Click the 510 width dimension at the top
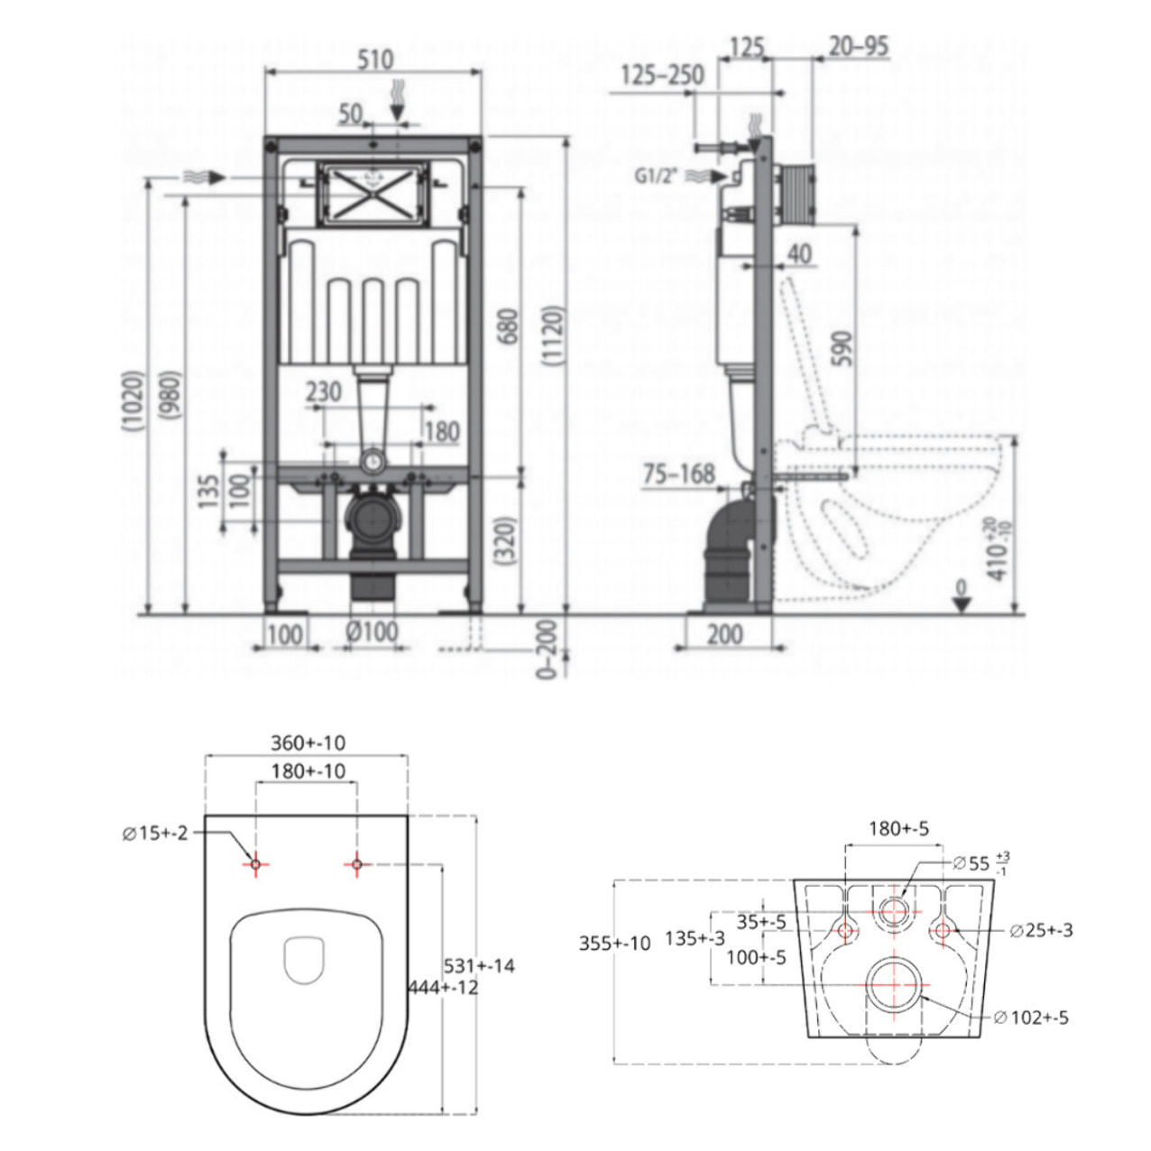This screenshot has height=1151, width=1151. [374, 60]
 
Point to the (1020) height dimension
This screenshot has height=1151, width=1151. [134, 401]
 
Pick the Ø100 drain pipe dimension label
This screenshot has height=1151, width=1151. [372, 631]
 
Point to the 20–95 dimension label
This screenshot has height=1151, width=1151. [858, 46]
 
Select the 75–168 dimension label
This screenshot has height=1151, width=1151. [678, 473]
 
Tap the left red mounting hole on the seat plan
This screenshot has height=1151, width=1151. [255, 865]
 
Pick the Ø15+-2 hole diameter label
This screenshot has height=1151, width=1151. [155, 833]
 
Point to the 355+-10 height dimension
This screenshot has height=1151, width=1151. [614, 944]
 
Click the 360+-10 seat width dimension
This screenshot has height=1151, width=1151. [308, 742]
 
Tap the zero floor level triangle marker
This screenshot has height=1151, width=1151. [962, 602]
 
